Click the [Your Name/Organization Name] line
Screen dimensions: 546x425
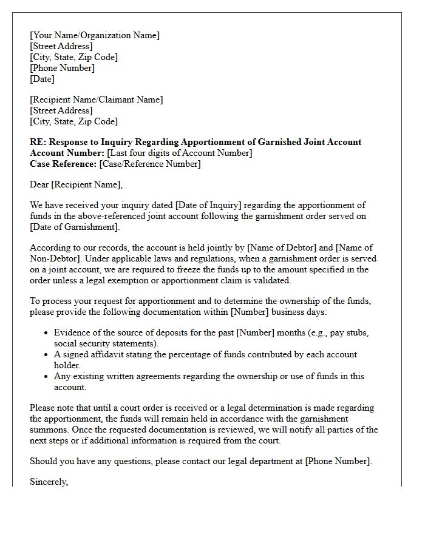point(95,35)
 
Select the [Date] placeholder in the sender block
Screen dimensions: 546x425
point(42,79)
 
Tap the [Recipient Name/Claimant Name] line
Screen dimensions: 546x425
point(96,99)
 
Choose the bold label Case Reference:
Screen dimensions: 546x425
point(63,164)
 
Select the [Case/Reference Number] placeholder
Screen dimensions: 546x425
point(150,164)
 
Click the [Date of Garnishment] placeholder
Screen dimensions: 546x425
point(73,227)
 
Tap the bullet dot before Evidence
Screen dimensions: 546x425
point(47,333)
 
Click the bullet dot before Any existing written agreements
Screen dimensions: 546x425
point(47,377)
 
